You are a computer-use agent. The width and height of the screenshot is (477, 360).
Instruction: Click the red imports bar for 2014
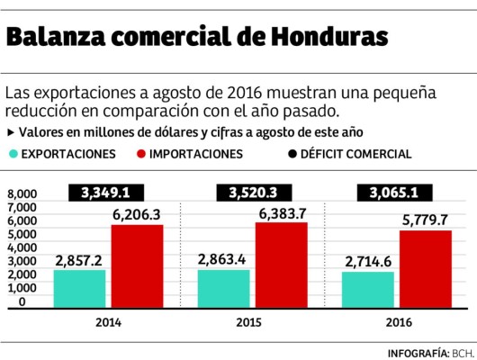pos(137,265)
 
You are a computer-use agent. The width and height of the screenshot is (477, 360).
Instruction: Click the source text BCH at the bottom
pos(461,351)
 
